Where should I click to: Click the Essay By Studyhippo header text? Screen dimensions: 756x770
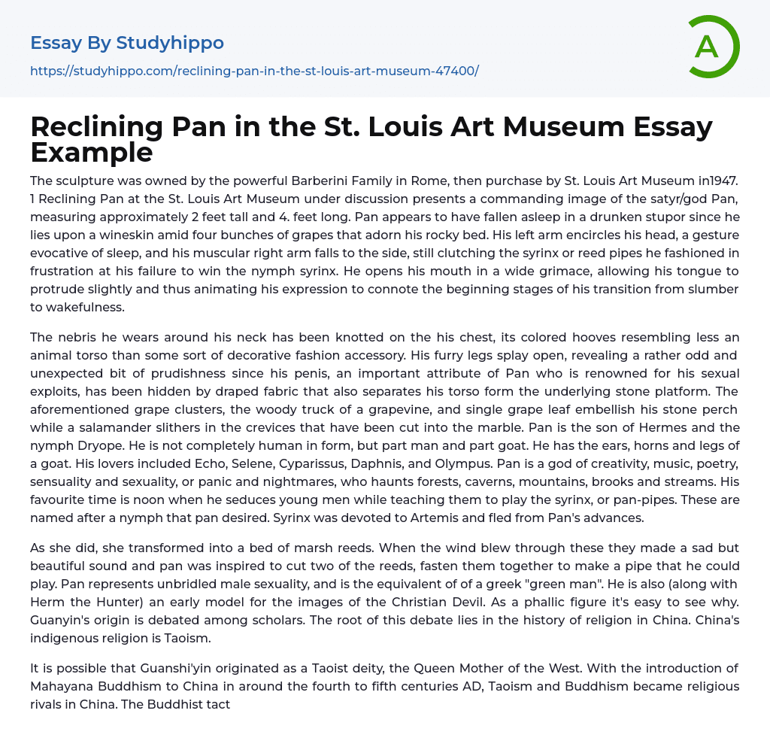click(x=127, y=43)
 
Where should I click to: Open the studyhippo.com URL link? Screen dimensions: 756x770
click(x=254, y=71)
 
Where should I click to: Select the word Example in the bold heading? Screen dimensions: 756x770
click(x=92, y=152)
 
